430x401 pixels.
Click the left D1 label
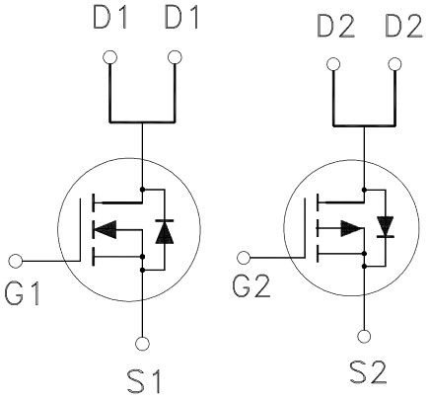[x=109, y=18]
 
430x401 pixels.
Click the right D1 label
[x=181, y=18]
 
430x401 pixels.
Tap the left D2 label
[x=336, y=26]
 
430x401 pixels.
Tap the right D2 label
[x=404, y=26]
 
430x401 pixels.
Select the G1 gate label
[x=22, y=293]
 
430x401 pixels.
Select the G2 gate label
[x=251, y=286]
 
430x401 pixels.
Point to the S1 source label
[x=144, y=381]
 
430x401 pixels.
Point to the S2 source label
[x=368, y=372]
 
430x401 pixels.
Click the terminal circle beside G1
[x=15, y=262]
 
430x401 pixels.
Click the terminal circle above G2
[x=244, y=258]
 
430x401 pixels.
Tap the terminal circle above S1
[x=142, y=344]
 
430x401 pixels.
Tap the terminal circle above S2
[x=364, y=337]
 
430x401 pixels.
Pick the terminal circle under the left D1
[x=109, y=57]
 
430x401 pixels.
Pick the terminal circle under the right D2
[x=394, y=64]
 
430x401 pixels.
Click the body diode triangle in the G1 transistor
[x=165, y=232]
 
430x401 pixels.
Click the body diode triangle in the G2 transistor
[x=386, y=225]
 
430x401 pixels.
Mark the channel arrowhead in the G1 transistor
[x=105, y=229]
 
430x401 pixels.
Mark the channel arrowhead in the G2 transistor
[x=351, y=228]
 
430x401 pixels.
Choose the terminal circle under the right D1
[x=175, y=57]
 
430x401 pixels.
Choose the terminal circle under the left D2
[x=333, y=64]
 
